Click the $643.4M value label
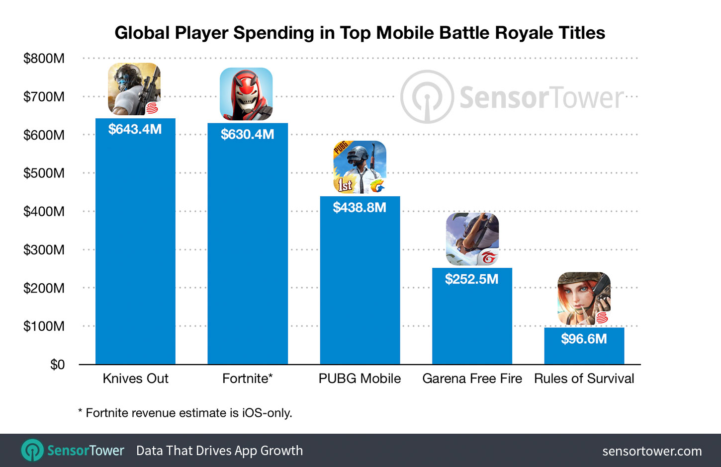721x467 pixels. coord(135,129)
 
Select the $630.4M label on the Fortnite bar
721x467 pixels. coord(247,134)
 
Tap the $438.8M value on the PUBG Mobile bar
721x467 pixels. coord(360,207)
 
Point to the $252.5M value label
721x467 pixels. coord(471,279)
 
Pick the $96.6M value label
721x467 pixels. coord(584,339)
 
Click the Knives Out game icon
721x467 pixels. coord(134,89)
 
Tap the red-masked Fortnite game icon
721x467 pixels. coord(246,94)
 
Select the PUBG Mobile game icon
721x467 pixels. coord(360,167)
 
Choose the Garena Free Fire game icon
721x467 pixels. coord(472,239)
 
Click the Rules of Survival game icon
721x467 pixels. coord(584,299)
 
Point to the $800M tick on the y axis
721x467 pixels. coord(44,59)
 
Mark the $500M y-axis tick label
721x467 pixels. coord(44,173)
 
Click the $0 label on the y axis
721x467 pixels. coord(57,365)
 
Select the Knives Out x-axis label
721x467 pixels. coord(135,379)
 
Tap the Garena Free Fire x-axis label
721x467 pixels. coord(472,379)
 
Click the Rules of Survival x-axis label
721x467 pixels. coord(584,379)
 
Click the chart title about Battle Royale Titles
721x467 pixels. coord(360,33)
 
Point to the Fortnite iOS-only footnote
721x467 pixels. coord(185,413)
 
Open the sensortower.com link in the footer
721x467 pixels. coord(652,451)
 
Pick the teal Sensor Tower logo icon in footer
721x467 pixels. coord(32,451)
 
